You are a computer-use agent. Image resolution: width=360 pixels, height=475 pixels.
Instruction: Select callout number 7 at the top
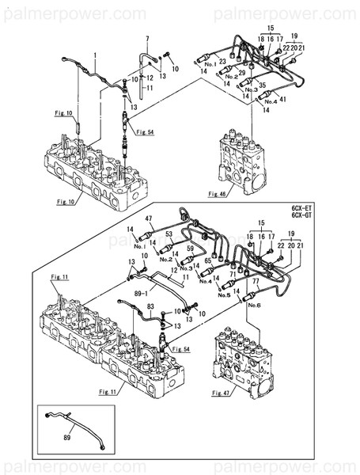tap(147, 38)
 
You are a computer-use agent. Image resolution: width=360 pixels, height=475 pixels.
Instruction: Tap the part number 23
tap(223, 60)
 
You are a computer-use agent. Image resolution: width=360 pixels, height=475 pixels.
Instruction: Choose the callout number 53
tap(168, 234)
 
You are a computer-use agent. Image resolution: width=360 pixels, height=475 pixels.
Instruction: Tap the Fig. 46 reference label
tap(218, 193)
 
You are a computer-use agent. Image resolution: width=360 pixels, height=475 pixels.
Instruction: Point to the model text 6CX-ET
tap(302, 207)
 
